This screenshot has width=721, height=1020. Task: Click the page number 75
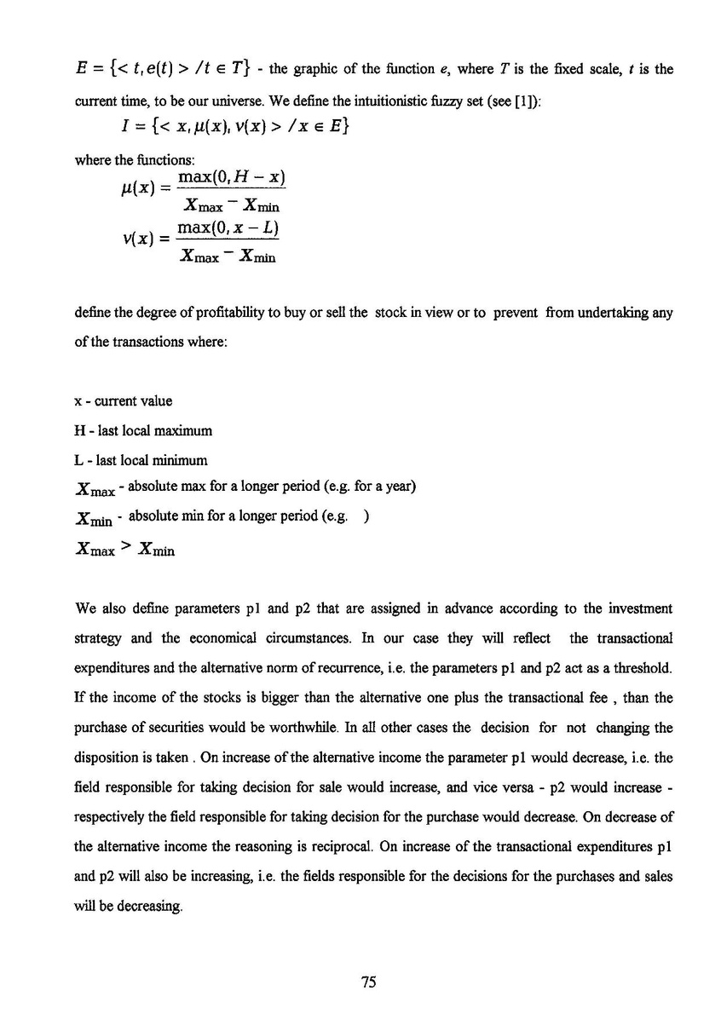(x=368, y=983)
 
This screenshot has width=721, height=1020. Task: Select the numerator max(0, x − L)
(x=229, y=229)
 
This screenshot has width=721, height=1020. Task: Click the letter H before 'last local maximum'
(x=80, y=430)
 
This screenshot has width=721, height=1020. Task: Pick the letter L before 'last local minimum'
(x=79, y=460)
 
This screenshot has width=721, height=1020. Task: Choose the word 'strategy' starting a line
(x=98, y=637)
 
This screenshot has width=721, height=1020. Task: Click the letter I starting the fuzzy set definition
(x=125, y=129)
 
